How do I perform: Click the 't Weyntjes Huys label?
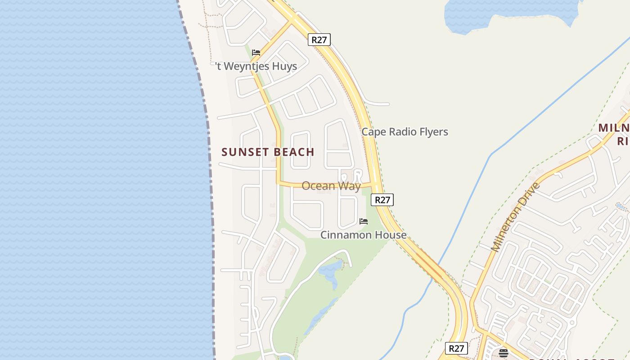(256, 66)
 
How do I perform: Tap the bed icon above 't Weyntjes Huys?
(256, 53)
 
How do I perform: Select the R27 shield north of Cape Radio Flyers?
(319, 40)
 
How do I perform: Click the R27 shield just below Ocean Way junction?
(382, 200)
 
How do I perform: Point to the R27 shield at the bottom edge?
(456, 348)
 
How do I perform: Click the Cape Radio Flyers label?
(405, 132)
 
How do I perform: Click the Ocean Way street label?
(331, 186)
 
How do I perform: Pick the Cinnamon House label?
(363, 235)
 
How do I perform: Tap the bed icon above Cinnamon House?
(364, 221)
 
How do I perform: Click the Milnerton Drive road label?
(515, 217)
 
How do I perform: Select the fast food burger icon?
(504, 353)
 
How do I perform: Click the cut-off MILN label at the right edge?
(614, 128)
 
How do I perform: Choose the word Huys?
(284, 66)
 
